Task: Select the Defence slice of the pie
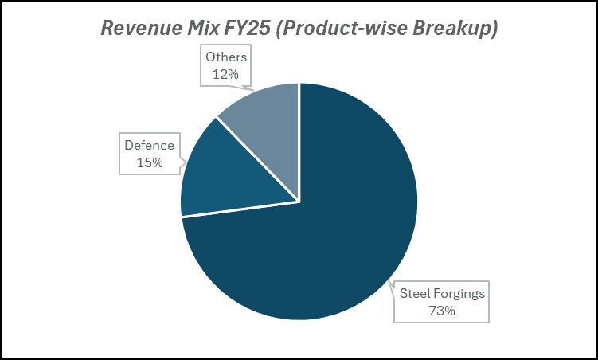coord(231,175)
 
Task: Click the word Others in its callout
coord(227,57)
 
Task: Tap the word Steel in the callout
coord(414,293)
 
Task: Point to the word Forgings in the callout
coord(459,293)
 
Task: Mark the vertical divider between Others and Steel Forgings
coord(299,143)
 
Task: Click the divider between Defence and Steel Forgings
coord(239,209)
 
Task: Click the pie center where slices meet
coord(299,202)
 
